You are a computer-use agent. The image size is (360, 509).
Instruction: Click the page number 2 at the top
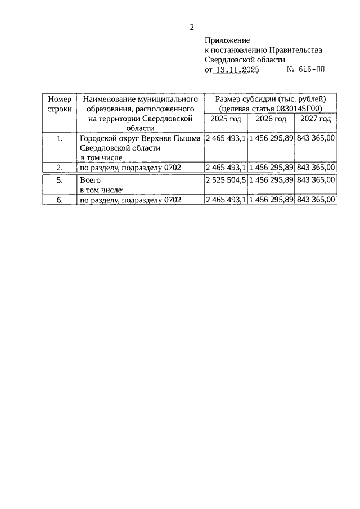(x=192, y=27)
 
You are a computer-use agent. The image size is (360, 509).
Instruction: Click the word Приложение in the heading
(x=227, y=40)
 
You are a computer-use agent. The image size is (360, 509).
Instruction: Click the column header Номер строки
(x=59, y=104)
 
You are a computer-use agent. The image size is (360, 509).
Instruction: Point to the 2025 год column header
(x=226, y=119)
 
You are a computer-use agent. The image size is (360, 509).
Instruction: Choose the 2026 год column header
(x=271, y=119)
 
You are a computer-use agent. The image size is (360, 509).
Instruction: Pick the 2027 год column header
(x=316, y=119)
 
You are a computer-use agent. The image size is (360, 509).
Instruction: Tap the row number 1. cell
(x=59, y=138)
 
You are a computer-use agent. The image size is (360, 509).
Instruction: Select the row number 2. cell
(x=59, y=168)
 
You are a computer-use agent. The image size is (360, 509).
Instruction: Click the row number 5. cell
(x=59, y=180)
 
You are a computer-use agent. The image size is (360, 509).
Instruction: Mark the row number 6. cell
(x=59, y=200)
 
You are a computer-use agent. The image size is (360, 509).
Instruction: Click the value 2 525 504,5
(x=226, y=180)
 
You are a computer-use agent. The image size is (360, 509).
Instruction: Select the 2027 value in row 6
(x=316, y=200)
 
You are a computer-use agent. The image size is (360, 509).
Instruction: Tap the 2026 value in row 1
(x=271, y=138)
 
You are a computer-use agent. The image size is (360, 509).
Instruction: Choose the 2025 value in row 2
(x=226, y=168)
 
